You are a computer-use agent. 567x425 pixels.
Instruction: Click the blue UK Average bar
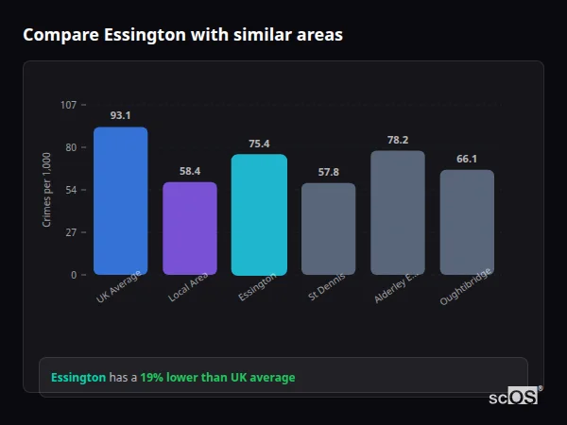click(x=120, y=201)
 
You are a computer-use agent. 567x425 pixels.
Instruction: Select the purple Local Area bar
click(x=190, y=229)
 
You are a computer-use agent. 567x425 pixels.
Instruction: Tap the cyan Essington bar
click(x=259, y=214)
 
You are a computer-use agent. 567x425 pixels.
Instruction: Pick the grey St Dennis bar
click(x=328, y=229)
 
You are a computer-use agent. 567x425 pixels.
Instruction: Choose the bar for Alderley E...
click(x=398, y=212)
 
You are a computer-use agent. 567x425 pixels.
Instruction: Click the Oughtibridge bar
click(x=467, y=222)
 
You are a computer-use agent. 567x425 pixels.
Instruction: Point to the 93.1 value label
click(x=120, y=115)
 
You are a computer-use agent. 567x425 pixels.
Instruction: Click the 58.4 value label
click(x=190, y=171)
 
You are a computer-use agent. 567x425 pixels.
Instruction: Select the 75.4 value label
click(x=259, y=144)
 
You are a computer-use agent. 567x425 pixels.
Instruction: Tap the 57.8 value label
click(x=328, y=172)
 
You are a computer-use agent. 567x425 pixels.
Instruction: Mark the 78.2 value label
click(x=398, y=140)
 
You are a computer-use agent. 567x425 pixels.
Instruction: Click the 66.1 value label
click(x=467, y=159)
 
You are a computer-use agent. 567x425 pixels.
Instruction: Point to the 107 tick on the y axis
click(x=68, y=105)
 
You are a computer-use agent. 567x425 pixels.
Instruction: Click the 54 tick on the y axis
click(x=71, y=190)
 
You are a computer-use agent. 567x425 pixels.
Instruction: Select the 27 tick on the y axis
click(x=71, y=232)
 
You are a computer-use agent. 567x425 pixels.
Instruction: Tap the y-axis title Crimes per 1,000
click(x=46, y=190)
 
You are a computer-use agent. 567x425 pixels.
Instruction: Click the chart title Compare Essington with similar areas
click(x=182, y=35)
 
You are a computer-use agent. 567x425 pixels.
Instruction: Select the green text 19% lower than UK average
click(x=217, y=378)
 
